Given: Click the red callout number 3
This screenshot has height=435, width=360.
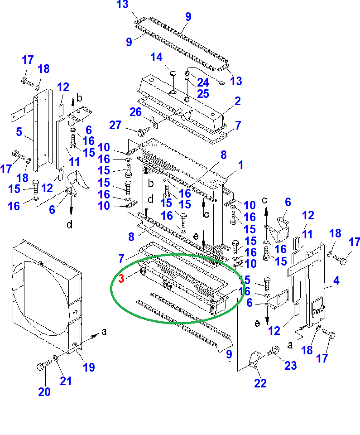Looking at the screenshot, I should coord(121,279).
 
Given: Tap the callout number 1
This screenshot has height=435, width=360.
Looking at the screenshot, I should coord(240,165).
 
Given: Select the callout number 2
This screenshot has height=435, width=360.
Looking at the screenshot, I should coord(237,101).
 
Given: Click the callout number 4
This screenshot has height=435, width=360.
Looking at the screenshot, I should coord(336,281).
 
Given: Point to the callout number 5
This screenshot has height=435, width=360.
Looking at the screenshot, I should coord(19,132).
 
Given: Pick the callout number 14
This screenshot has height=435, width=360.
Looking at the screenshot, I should coord(156,58).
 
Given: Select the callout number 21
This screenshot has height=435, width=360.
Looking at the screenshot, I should coord(66,381).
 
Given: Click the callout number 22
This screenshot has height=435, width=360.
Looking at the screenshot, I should coord(260,383).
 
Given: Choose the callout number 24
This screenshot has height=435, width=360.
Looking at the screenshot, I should coord(203,82).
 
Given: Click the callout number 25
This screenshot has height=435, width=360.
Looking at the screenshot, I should coord(203,94).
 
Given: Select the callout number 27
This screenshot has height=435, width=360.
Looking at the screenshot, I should coord(116,125).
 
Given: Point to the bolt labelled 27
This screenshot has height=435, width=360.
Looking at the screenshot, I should coord(141,130).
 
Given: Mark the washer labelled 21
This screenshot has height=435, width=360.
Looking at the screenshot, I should coord(55,358).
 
